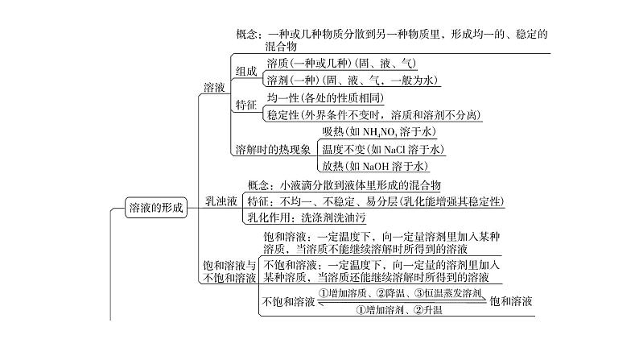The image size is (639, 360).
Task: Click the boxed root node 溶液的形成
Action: click(156, 208)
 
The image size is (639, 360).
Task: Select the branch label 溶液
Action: click(214, 88)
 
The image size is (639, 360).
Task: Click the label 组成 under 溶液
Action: click(246, 71)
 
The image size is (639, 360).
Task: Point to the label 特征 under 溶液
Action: click(246, 106)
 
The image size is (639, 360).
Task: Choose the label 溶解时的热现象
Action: click(272, 149)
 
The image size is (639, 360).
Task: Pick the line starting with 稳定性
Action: click(373, 114)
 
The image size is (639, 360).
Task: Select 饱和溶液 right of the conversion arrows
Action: click(511, 302)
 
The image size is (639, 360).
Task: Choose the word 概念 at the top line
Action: click(249, 35)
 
